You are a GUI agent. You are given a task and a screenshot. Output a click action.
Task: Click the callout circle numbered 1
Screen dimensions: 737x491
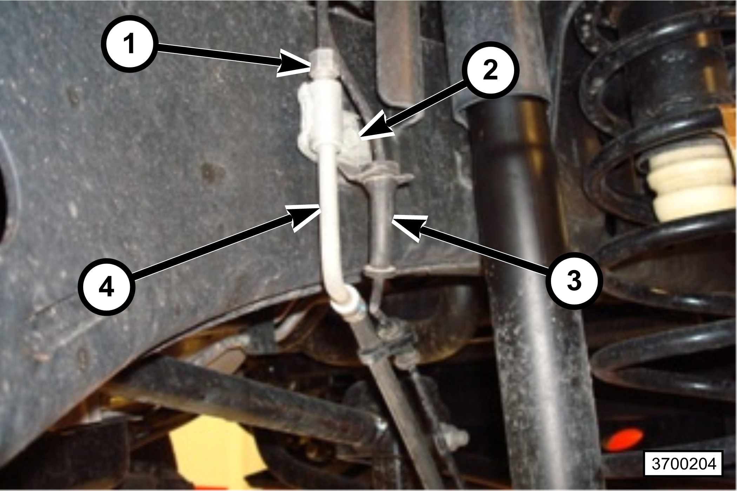[130, 45]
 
